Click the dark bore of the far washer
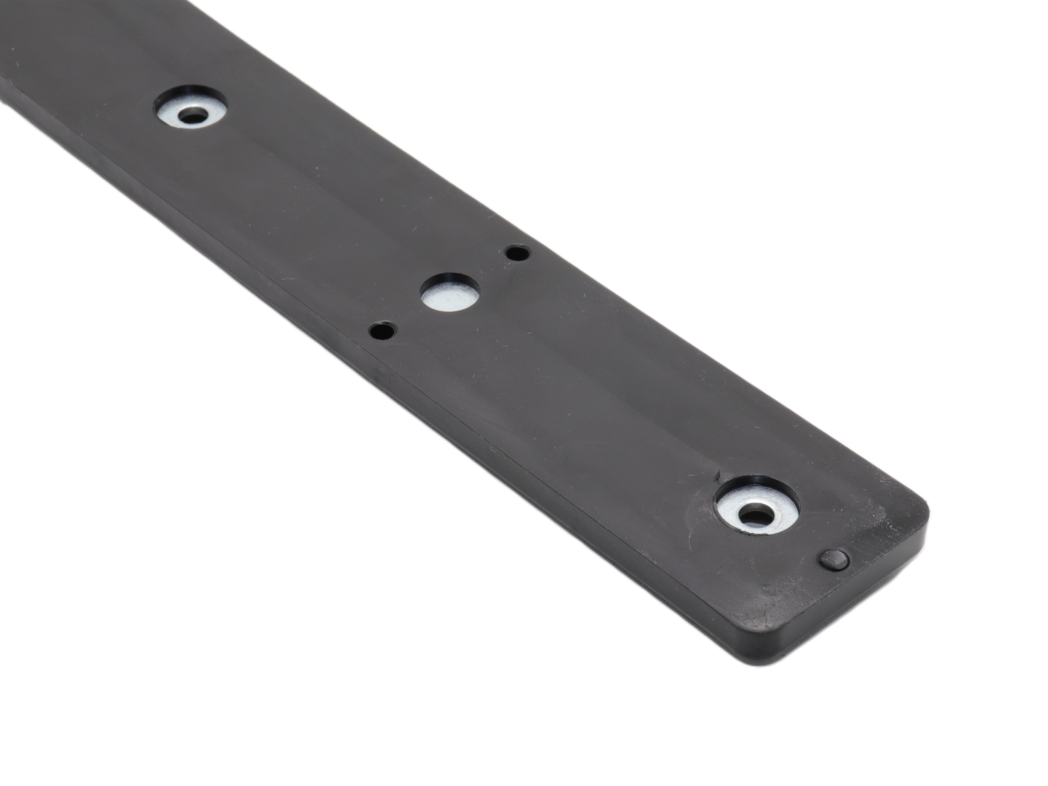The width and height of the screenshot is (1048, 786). pos(192,115)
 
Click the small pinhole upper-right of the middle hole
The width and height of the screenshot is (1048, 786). pos(517,252)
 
